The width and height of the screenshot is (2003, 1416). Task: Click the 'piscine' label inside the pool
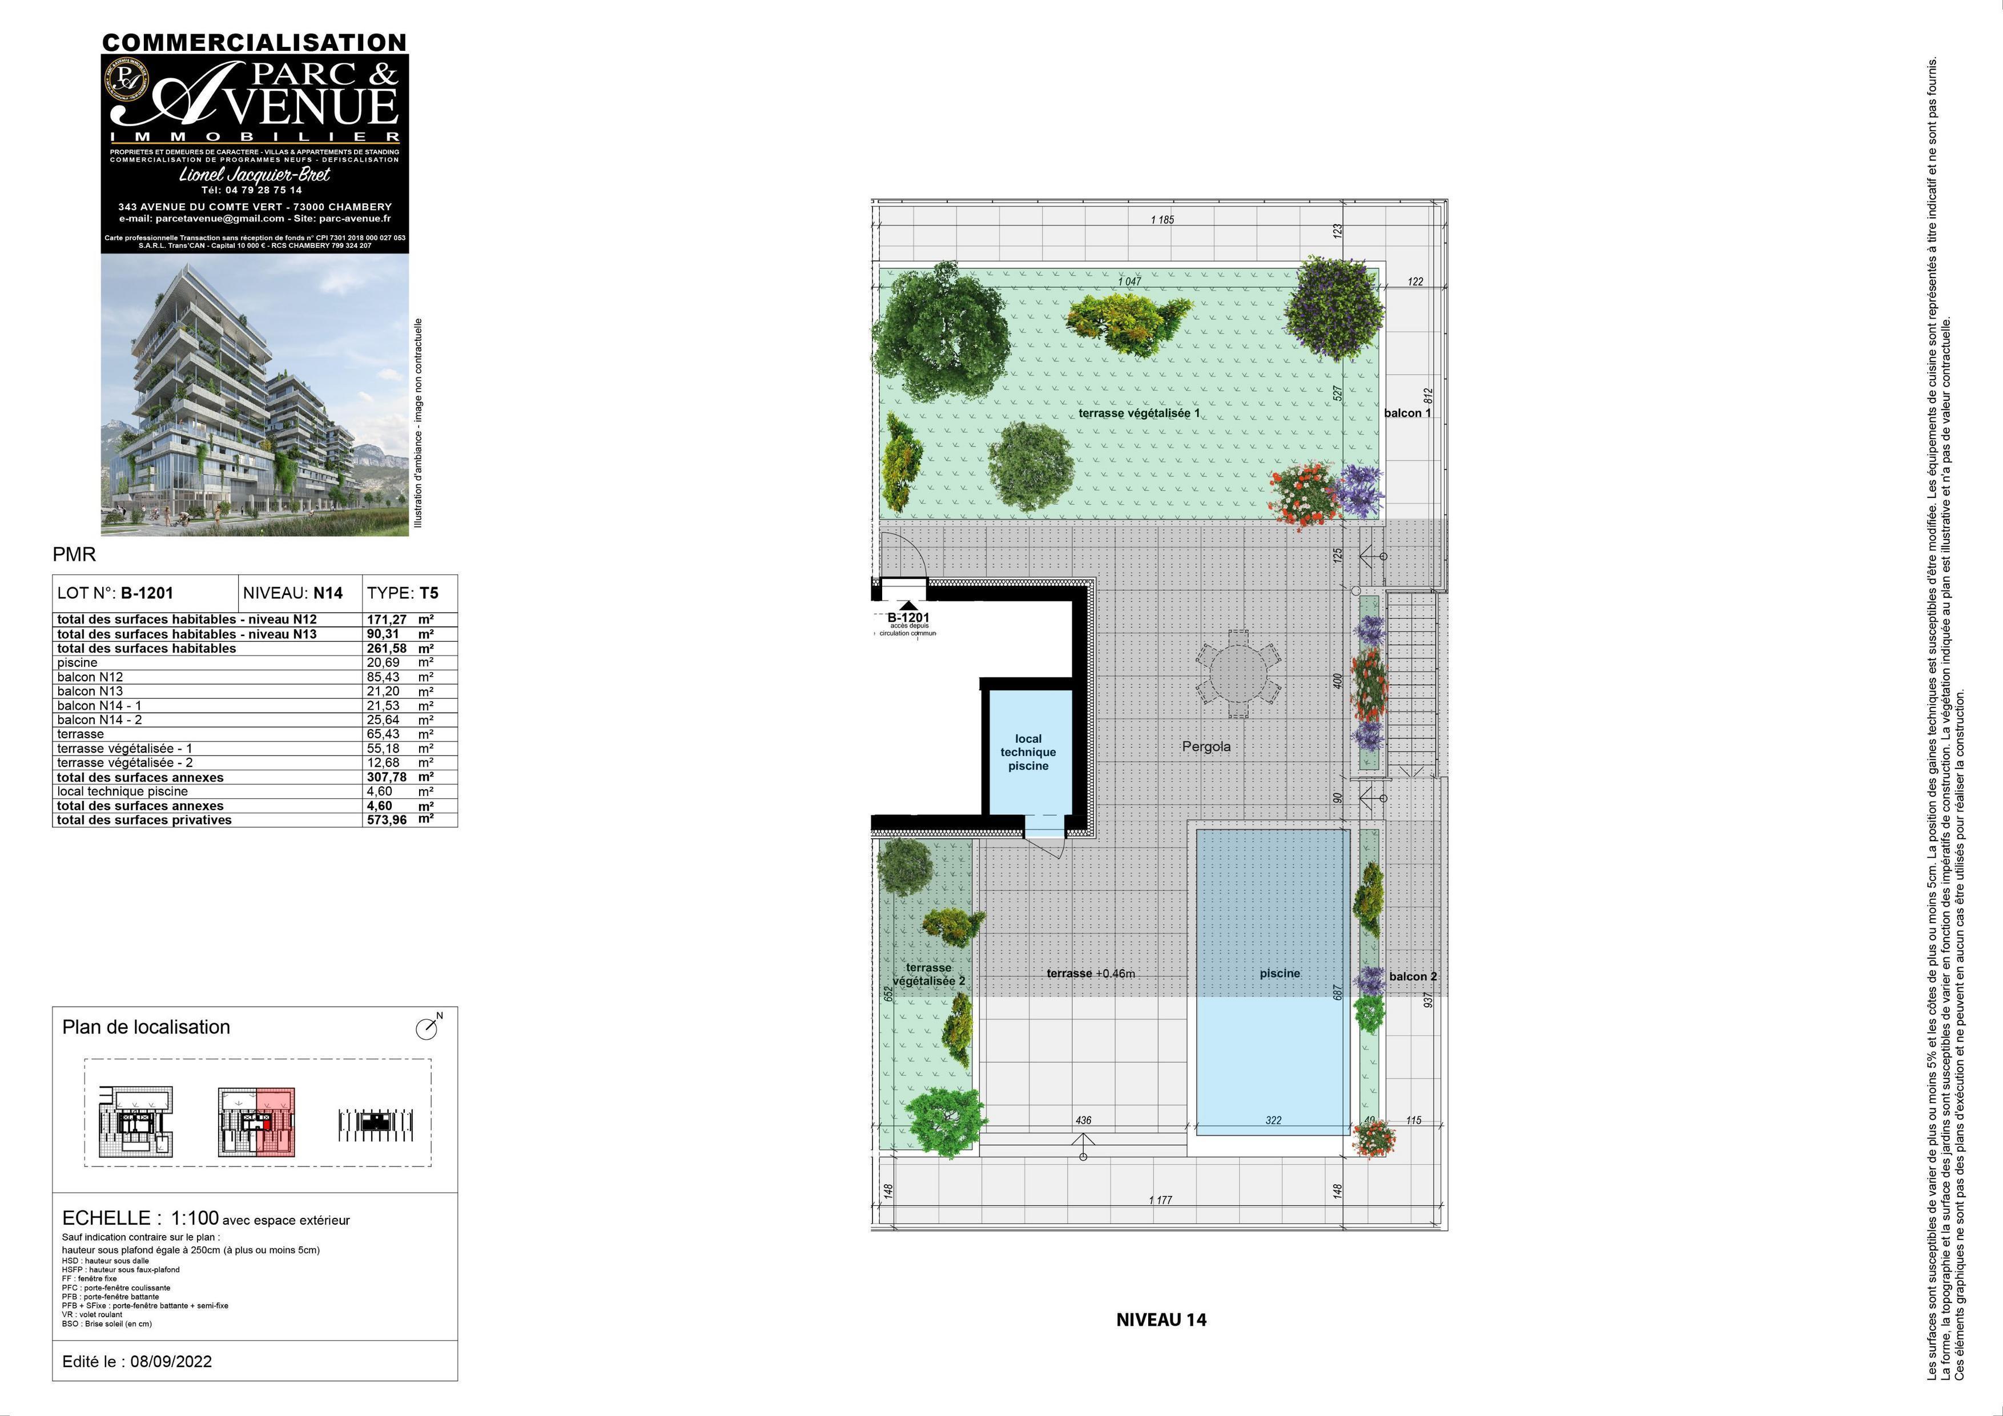[1279, 973]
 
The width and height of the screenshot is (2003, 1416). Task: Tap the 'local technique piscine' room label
[1028, 752]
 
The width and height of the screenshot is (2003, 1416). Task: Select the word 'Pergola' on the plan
[1206, 747]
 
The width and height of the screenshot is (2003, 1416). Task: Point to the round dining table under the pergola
[1237, 674]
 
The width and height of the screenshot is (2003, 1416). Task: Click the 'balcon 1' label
[1407, 413]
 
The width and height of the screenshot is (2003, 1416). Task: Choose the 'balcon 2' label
[1413, 976]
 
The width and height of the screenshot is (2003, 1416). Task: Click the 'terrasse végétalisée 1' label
[1139, 413]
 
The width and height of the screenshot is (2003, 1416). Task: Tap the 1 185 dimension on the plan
[1162, 220]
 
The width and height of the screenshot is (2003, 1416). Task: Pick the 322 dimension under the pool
[1273, 1120]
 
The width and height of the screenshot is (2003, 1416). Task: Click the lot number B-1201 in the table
[147, 593]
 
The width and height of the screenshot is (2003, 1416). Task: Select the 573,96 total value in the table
[387, 820]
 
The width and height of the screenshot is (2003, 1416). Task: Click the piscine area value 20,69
[383, 662]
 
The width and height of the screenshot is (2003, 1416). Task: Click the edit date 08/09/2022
[171, 1362]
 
